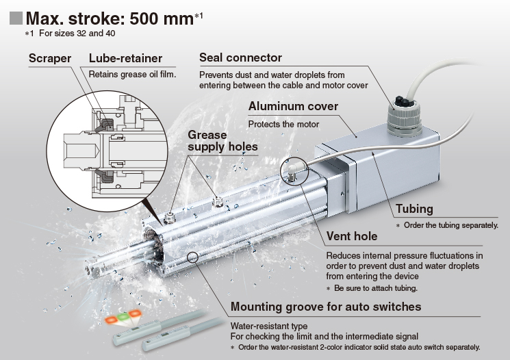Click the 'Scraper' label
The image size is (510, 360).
[x=50, y=58]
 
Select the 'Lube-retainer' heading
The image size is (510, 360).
[x=125, y=58]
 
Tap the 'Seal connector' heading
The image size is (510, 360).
[x=240, y=57]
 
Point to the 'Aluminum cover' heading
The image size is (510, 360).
[x=293, y=106]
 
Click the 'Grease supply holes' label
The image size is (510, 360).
[x=222, y=141]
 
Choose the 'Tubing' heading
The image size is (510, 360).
[x=414, y=209]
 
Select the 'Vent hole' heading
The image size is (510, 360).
[x=352, y=236]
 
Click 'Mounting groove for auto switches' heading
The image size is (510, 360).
[x=326, y=307]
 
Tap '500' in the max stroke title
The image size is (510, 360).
[x=144, y=18]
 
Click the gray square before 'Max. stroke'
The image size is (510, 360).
[x=16, y=18]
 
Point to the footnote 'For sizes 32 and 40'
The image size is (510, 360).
[x=77, y=34]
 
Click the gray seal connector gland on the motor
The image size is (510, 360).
[x=405, y=117]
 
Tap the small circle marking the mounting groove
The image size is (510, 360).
[x=192, y=257]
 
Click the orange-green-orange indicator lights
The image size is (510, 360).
[x=123, y=317]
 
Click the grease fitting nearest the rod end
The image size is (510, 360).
[x=170, y=217]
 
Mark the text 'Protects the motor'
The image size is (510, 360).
[x=283, y=125]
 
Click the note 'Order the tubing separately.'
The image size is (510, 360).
[x=451, y=225]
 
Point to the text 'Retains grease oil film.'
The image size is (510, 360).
[x=132, y=75]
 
